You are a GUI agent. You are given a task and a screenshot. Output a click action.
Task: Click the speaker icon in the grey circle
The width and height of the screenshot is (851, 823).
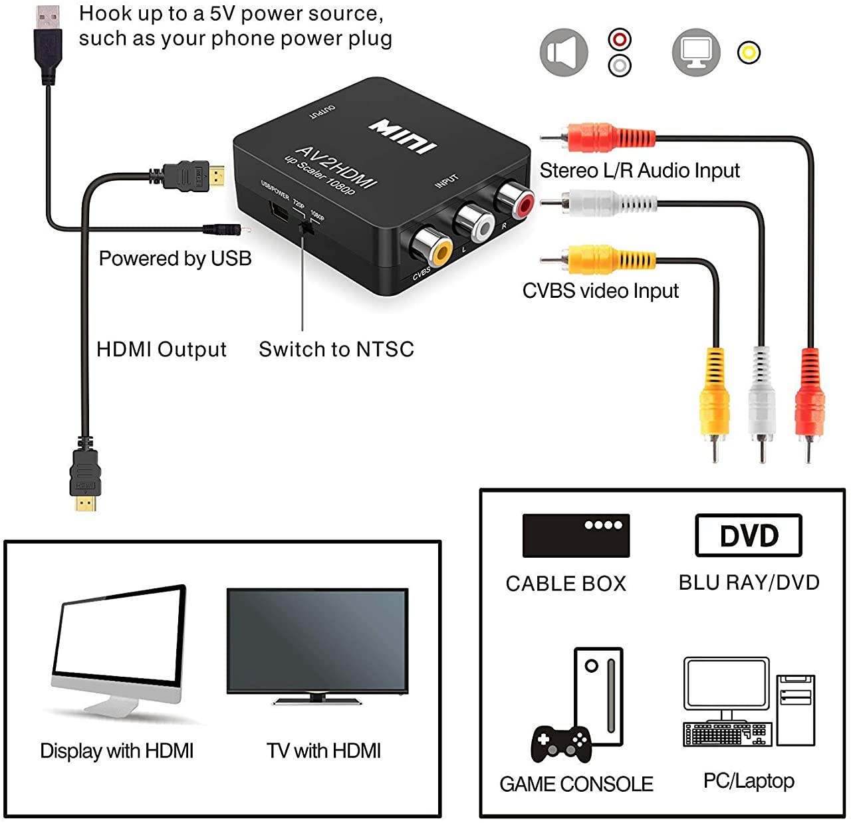pyautogui.click(x=564, y=53)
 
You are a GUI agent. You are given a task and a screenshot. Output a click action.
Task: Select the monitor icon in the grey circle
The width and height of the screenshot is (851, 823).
pyautogui.click(x=696, y=53)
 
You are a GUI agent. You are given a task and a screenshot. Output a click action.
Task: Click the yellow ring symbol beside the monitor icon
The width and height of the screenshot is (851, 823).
pyautogui.click(x=749, y=53)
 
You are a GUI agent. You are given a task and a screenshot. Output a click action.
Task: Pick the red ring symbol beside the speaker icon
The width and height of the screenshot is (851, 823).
pyautogui.click(x=620, y=39)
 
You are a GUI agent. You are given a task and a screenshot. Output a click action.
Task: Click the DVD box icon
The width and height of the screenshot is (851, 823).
pyautogui.click(x=748, y=535)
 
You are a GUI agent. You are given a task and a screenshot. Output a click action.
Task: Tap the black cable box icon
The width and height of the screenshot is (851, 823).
pyautogui.click(x=576, y=535)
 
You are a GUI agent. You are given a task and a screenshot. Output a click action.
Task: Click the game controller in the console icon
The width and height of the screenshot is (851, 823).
pyautogui.click(x=560, y=744)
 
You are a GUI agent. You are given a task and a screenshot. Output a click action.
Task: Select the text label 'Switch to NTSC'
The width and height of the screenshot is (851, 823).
pyautogui.click(x=336, y=349)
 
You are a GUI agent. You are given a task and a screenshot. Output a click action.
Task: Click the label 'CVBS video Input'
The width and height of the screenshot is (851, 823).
pyautogui.click(x=600, y=291)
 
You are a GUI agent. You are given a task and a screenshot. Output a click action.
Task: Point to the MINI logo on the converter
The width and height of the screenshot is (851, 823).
pyautogui.click(x=404, y=136)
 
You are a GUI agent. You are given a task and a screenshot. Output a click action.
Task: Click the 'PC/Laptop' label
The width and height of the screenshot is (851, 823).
pyautogui.click(x=749, y=780)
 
